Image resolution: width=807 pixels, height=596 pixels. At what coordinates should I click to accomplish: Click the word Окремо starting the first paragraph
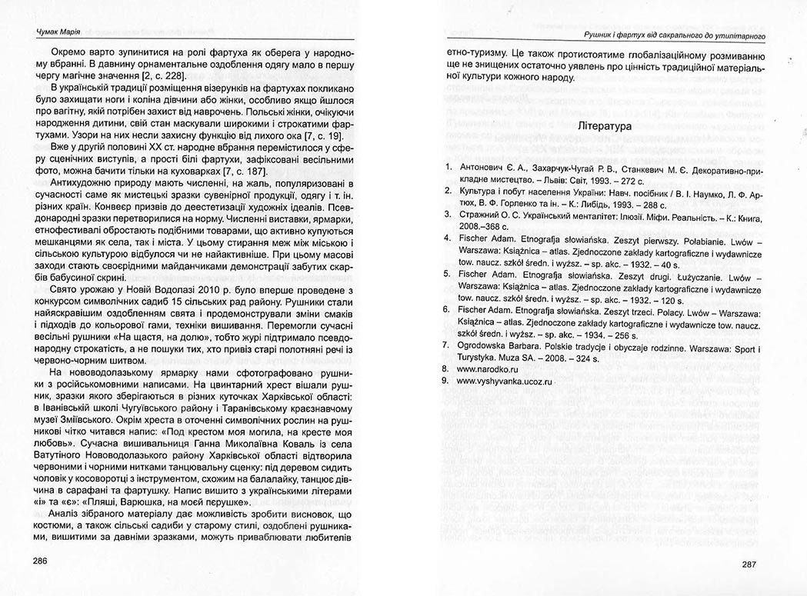click(x=68, y=53)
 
